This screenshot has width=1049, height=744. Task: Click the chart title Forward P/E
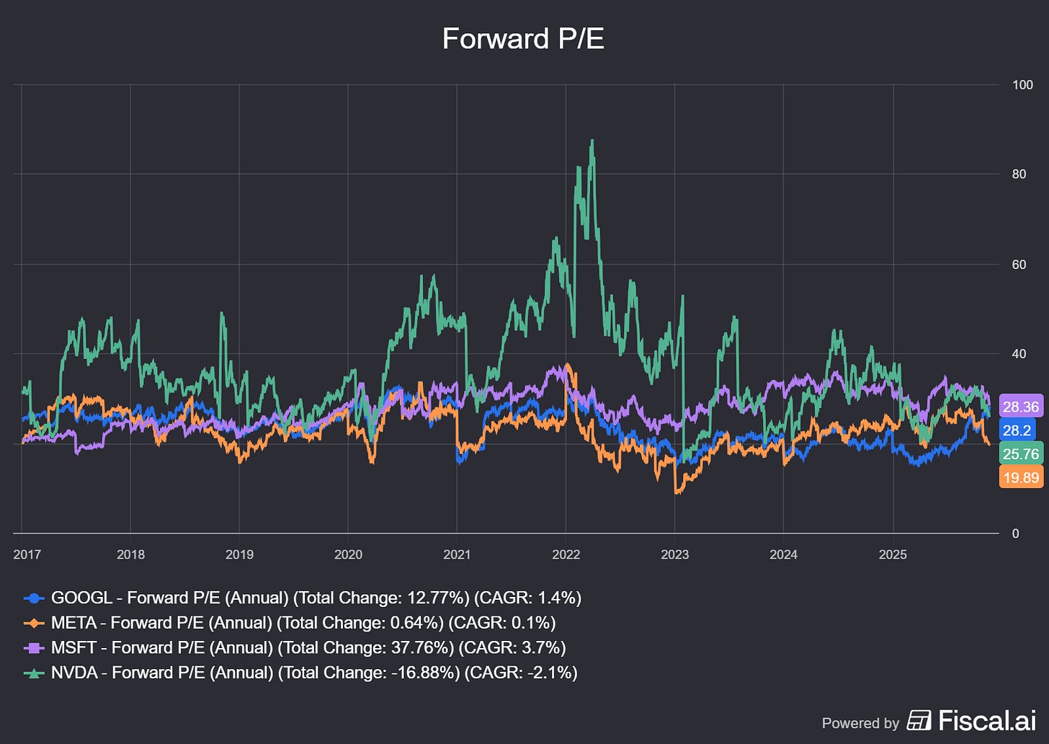click(523, 39)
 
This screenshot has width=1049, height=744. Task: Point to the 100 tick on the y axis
click(1022, 85)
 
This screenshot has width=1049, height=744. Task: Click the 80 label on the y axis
click(1019, 174)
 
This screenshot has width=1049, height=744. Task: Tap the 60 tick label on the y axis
click(1019, 265)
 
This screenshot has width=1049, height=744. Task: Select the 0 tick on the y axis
click(1016, 533)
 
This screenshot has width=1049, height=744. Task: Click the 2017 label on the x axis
click(27, 554)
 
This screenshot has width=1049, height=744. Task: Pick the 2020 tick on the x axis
click(348, 554)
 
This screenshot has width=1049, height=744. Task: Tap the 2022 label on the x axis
click(566, 554)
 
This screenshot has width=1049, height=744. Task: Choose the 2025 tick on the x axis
click(893, 554)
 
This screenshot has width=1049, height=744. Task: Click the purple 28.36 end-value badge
click(1021, 407)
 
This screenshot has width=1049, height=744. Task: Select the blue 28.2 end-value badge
click(1017, 430)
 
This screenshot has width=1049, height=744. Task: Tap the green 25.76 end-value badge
click(1021, 454)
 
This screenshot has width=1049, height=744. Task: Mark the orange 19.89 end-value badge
click(1021, 477)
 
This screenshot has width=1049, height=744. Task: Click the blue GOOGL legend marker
click(34, 598)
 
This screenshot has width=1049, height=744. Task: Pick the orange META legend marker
click(34, 623)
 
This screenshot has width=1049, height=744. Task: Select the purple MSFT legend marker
click(34, 648)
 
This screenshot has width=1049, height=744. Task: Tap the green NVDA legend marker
click(34, 673)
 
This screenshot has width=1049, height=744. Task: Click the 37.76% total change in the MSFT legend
click(421, 648)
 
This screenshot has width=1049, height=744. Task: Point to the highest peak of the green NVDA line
click(592, 141)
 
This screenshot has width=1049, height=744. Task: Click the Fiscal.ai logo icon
click(919, 720)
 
